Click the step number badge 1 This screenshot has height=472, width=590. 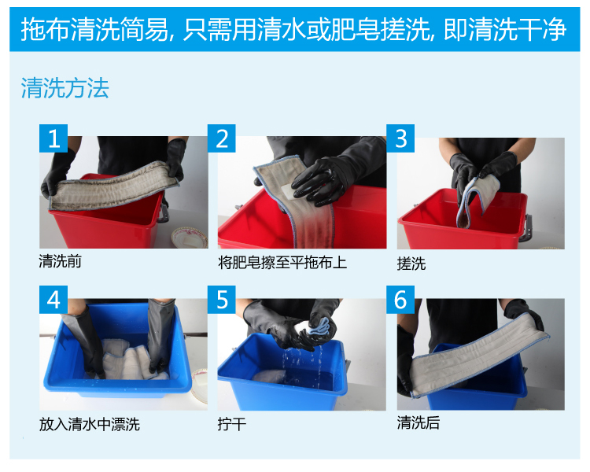(x=53, y=138)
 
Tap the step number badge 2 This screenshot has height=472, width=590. (x=222, y=138)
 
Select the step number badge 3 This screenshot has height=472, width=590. (x=400, y=138)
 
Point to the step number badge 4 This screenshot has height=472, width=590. (x=53, y=300)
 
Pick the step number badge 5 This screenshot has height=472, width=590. (x=222, y=300)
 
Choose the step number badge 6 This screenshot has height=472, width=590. (x=400, y=300)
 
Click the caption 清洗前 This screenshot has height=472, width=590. (x=61, y=261)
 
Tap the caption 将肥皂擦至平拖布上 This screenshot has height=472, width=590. (x=282, y=262)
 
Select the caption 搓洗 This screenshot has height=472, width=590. (x=411, y=264)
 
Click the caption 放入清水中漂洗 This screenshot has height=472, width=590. (x=90, y=424)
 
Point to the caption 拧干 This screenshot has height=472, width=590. (x=232, y=424)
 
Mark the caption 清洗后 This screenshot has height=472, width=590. (x=419, y=422)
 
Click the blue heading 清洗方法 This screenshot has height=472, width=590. (x=65, y=88)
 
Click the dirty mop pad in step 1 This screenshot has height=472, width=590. (x=112, y=186)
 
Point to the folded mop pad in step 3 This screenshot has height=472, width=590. (x=475, y=199)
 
